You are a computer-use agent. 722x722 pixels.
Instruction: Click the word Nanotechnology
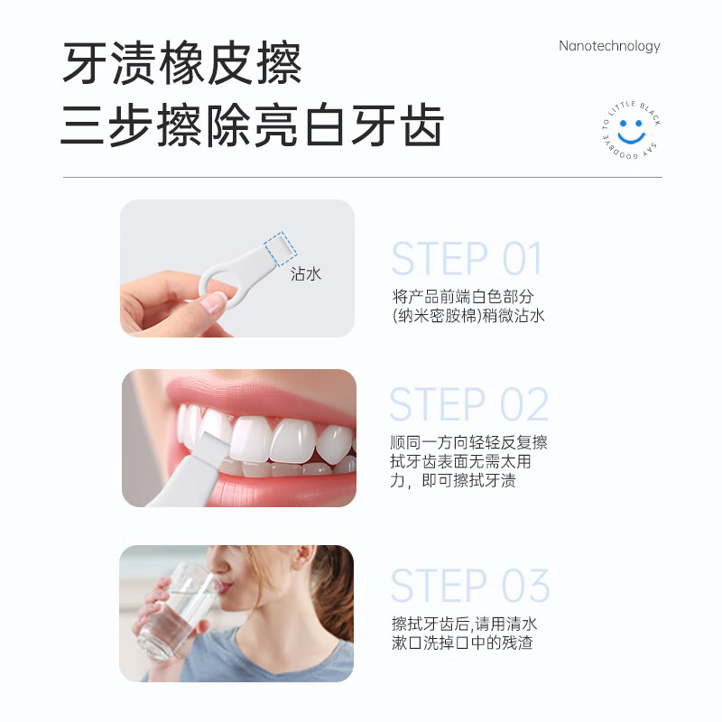(x=609, y=46)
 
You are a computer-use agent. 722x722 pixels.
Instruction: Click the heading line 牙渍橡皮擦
(x=181, y=63)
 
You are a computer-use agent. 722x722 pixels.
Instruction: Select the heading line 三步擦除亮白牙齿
(x=252, y=125)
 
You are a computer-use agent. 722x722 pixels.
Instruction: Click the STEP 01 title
(x=467, y=260)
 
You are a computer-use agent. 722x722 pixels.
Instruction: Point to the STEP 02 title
(x=468, y=405)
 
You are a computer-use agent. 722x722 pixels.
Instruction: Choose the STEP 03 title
(x=469, y=587)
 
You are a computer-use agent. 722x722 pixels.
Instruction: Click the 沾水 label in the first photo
(x=306, y=273)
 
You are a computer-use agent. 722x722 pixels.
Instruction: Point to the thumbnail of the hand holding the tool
(x=237, y=268)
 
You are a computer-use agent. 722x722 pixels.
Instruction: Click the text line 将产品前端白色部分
(x=463, y=296)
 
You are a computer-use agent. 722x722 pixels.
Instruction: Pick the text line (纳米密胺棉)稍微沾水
(x=468, y=316)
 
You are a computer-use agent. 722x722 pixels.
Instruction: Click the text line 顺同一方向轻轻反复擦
(x=468, y=443)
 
